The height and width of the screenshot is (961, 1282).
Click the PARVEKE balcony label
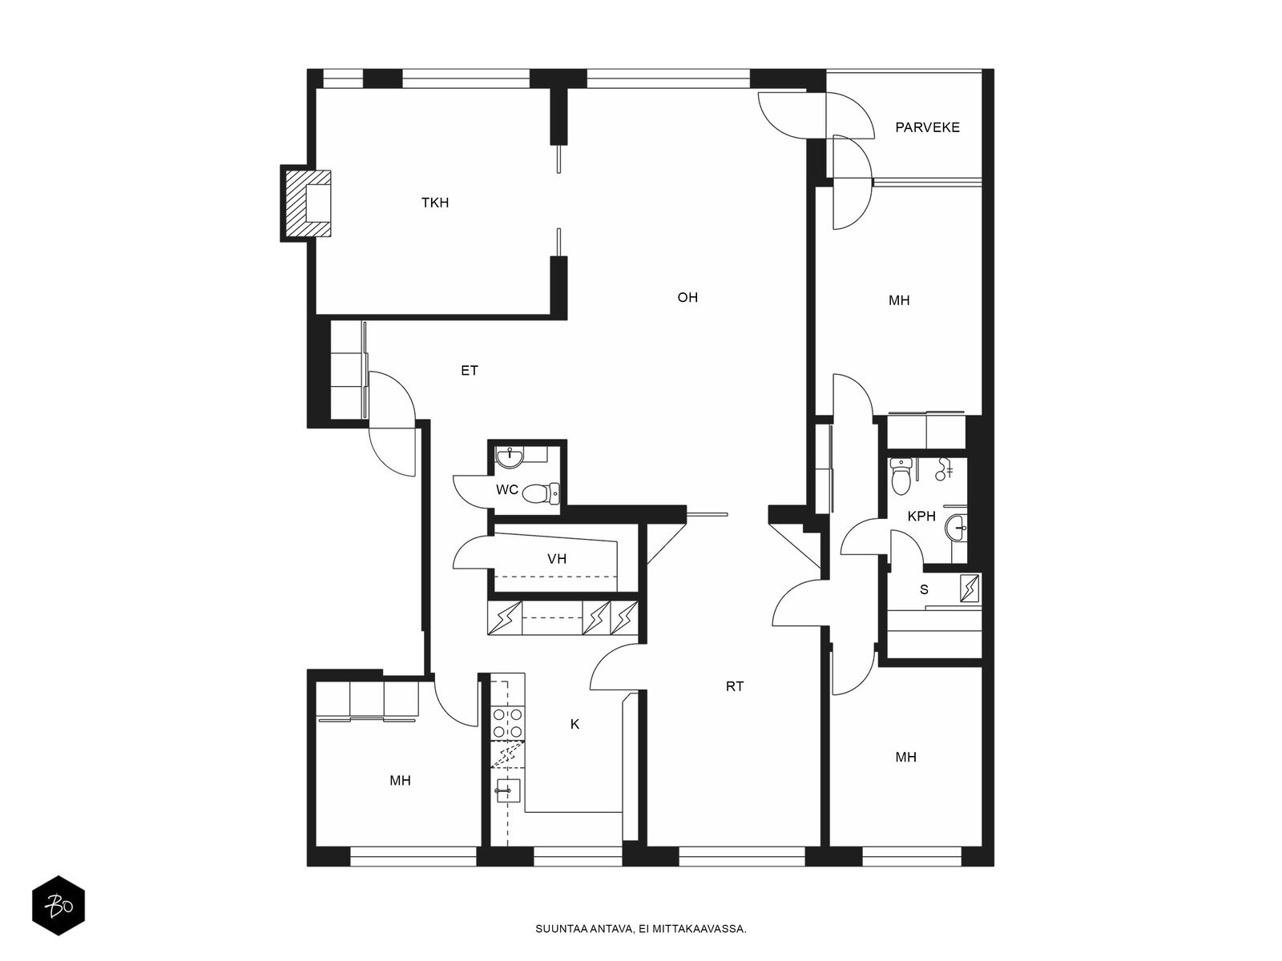point(927,127)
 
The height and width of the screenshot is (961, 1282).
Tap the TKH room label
point(435,203)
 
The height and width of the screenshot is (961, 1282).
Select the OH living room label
point(687,298)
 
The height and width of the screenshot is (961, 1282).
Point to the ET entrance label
point(470,371)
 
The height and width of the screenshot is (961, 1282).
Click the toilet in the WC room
point(540,493)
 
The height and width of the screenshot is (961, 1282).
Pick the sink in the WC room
point(511,458)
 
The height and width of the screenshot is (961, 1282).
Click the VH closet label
point(557,559)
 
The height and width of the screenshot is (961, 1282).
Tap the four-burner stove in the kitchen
point(507,722)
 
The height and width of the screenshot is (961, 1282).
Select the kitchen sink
point(507,790)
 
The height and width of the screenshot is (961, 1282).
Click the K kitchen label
point(574,724)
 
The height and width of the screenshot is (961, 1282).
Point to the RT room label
point(734,687)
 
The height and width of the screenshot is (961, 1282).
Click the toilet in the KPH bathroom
point(901,476)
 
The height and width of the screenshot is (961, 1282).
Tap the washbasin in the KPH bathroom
point(956,528)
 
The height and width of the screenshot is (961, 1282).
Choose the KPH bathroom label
point(921,517)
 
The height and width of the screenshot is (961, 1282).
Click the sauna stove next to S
point(970,588)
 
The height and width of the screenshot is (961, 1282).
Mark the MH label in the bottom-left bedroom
point(400,781)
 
